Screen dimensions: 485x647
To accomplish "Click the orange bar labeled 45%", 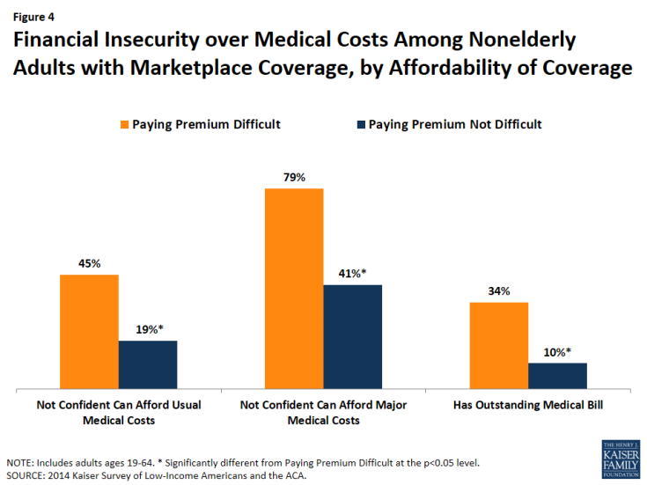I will (x=89, y=331).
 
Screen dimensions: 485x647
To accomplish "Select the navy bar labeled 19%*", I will (x=148, y=364).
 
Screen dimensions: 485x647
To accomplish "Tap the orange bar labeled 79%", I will (x=294, y=288).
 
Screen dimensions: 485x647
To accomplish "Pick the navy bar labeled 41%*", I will (x=353, y=336).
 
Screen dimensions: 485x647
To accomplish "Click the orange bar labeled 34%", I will (x=499, y=345).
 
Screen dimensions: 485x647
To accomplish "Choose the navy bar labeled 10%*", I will (x=557, y=376).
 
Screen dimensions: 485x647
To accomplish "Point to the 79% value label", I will (x=294, y=178).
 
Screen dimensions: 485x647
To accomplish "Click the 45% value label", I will (x=89, y=263).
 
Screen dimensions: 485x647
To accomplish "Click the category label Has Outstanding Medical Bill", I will (x=527, y=405).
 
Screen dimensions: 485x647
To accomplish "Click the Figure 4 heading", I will (x=33, y=15).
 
